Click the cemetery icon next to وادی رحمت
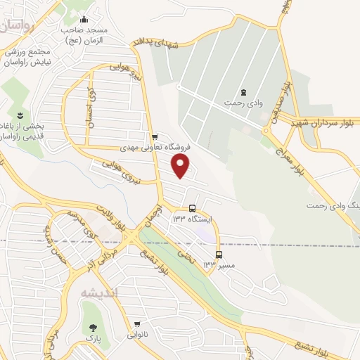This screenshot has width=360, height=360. point(243,92)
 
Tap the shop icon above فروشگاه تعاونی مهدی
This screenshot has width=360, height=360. point(155,136)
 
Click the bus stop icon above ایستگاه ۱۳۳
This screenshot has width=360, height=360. point(193,208)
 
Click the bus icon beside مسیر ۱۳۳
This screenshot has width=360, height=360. point(219,255)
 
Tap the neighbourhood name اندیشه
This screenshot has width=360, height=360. point(100,292)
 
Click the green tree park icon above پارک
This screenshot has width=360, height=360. point(91,328)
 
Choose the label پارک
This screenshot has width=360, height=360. point(91,340)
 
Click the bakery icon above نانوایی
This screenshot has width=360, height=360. point(138,325)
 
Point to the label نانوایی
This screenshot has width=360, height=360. point(138,337)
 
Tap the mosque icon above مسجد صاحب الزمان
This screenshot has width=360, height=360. point(84,19)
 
